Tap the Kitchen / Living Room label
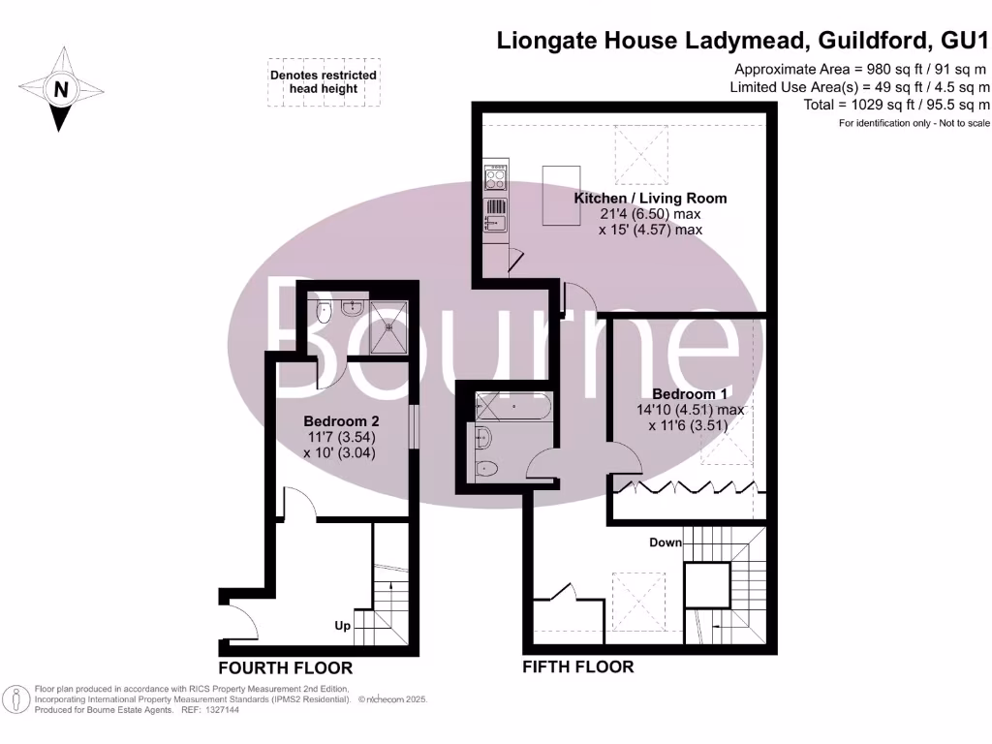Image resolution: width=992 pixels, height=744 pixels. coord(650,198)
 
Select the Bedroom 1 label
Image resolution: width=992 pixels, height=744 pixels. coord(689,394)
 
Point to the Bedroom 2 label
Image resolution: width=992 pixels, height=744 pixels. coord(340,421)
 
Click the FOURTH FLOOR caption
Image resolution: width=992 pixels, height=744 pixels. coord(285,668)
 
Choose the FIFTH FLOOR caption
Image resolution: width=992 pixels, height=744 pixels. coord(577,666)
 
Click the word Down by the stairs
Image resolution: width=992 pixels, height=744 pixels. coord(666,542)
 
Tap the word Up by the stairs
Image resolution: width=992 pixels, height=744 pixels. coord(342,626)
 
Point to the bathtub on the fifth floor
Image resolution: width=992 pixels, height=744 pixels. coord(511,405)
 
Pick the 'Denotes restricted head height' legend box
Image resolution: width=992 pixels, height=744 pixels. coord(324,81)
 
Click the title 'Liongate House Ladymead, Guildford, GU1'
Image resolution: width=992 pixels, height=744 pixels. coord(743,41)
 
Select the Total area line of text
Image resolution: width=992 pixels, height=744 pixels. coord(896,105)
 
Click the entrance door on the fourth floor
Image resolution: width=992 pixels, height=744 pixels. coord(239,620)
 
